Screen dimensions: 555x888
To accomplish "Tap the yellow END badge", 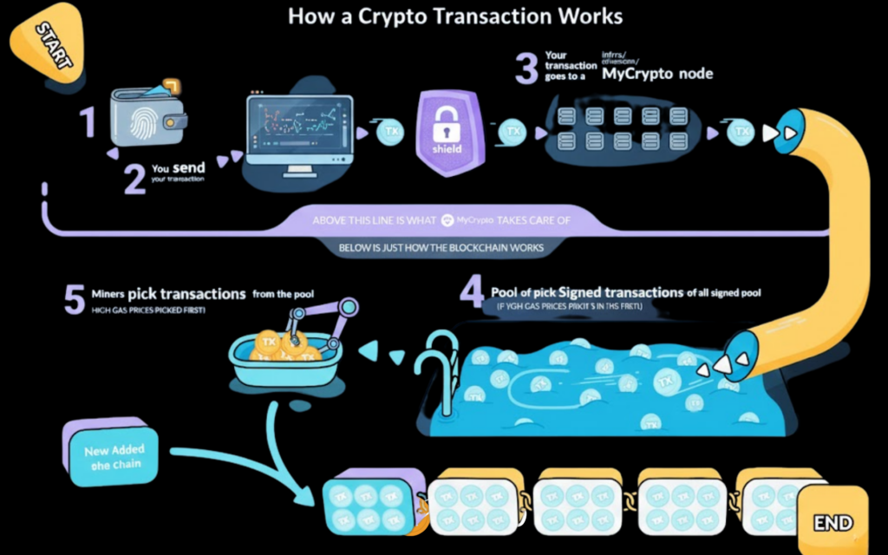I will (x=831, y=522).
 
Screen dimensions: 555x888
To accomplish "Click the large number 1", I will (x=88, y=122).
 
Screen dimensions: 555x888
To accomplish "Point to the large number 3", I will (x=526, y=68).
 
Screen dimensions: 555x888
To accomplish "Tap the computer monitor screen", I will (x=300, y=129).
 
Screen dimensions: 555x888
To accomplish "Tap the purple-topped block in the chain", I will (x=374, y=504).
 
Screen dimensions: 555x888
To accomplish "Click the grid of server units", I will (x=617, y=129).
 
